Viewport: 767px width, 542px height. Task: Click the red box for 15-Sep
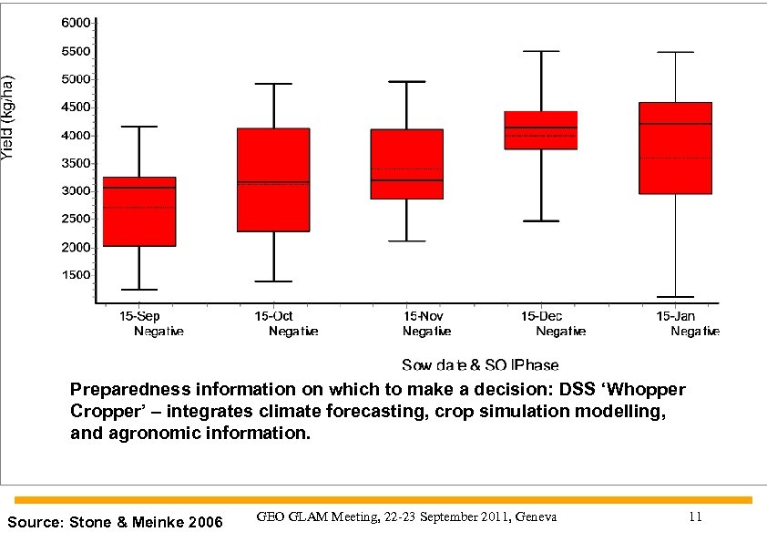(138, 211)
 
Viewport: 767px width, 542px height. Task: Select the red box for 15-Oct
(273, 179)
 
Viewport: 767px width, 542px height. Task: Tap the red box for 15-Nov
(406, 164)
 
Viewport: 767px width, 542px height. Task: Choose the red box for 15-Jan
(675, 148)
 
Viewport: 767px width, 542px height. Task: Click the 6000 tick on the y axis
(76, 22)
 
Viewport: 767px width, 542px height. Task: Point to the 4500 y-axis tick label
(76, 107)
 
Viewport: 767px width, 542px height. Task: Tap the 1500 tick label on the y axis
(76, 275)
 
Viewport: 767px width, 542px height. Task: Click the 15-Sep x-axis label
(142, 316)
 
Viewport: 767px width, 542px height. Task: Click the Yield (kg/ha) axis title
(8, 118)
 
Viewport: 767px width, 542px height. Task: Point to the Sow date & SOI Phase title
(480, 365)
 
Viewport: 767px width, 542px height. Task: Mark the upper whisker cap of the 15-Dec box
(541, 51)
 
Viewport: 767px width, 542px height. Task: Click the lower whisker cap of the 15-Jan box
(675, 297)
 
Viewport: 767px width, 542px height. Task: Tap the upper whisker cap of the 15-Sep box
(138, 127)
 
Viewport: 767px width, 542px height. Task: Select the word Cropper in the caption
(104, 412)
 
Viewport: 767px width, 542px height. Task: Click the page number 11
(695, 517)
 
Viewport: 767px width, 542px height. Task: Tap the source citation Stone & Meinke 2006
(114, 523)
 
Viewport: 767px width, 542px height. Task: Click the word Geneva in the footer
(536, 517)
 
